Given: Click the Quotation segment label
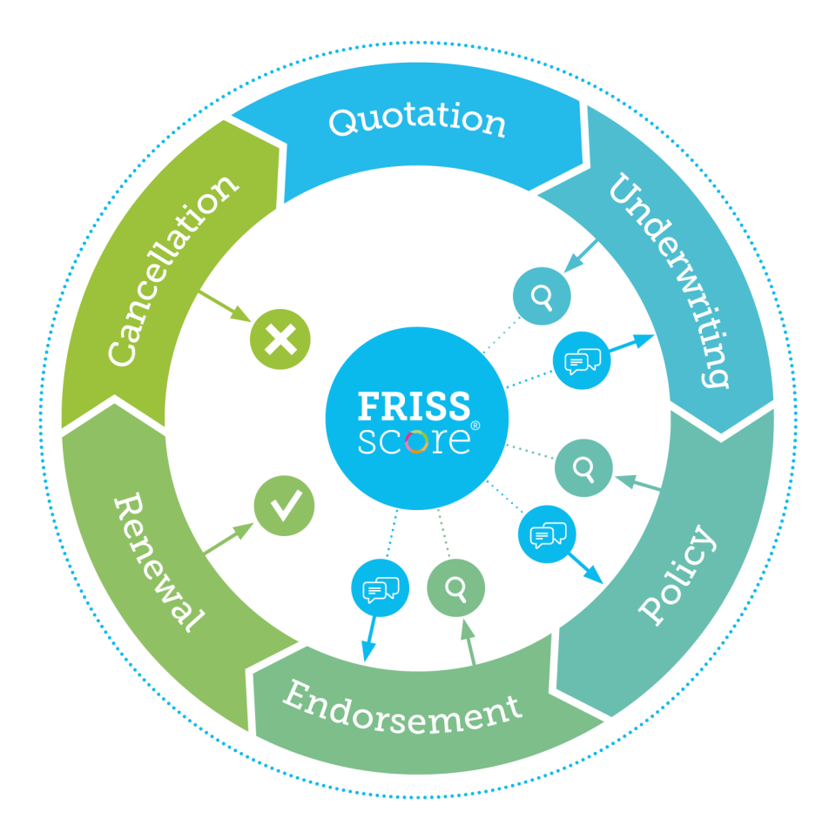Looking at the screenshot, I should click(417, 120).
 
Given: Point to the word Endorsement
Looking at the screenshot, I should click(401, 708).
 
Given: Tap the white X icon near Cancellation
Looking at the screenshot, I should click(280, 339).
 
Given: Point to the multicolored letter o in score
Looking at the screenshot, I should click(416, 441).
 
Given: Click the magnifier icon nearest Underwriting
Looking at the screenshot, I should click(542, 297).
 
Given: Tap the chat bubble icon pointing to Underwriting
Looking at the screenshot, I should click(582, 359).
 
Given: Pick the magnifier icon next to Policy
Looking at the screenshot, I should click(583, 468).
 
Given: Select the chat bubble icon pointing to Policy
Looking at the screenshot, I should click(548, 533).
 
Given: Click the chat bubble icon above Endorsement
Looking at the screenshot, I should click(380, 588).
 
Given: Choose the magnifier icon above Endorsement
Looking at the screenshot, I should click(455, 588).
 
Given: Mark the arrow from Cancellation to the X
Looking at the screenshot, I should click(225, 306).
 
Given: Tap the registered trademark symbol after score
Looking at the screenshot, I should click(475, 426).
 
